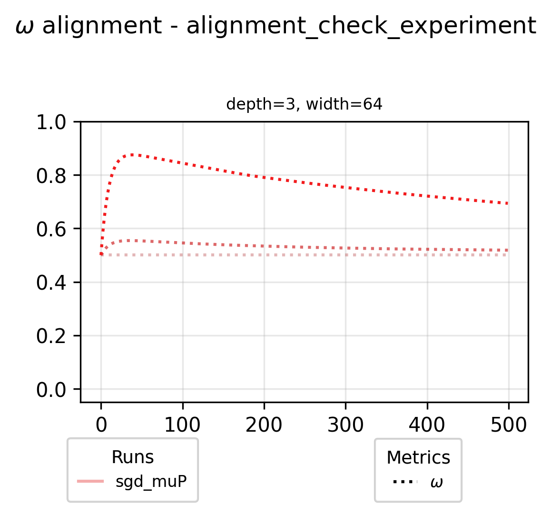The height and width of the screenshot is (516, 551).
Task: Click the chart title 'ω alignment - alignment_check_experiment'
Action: click(x=275, y=27)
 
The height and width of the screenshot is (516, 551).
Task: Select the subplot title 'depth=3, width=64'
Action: click(x=304, y=104)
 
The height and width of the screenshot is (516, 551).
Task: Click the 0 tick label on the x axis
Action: click(x=101, y=424)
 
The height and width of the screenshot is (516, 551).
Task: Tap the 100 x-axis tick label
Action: click(x=183, y=424)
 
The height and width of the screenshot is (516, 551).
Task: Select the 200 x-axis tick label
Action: click(x=264, y=424)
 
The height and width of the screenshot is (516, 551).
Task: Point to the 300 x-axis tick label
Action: click(x=345, y=424)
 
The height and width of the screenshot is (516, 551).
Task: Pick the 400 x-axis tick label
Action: click(x=427, y=424)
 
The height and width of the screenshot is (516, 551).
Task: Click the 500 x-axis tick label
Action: click(x=509, y=424)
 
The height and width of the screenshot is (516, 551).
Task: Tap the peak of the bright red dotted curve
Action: click(x=132, y=154)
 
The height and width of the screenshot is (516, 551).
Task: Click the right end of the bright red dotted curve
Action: click(x=508, y=203)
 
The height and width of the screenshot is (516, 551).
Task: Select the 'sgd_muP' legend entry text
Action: click(x=151, y=482)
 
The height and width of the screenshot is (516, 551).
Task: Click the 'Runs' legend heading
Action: click(x=132, y=457)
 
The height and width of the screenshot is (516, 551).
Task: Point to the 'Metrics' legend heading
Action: click(x=418, y=457)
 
